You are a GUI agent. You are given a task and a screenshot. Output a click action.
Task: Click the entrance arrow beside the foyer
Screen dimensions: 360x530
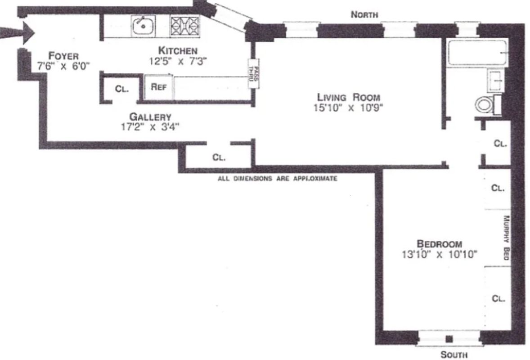[x=20, y=32]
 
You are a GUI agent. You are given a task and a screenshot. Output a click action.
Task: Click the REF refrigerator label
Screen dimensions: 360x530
[x=159, y=87]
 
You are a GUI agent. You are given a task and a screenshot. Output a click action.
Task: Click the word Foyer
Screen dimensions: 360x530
[x=63, y=56]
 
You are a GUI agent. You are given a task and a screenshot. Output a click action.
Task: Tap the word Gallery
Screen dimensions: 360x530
[x=150, y=117]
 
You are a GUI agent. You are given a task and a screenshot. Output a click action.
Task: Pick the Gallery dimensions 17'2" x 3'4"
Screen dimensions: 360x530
[x=150, y=127]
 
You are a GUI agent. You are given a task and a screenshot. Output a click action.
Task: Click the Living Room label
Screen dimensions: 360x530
[x=349, y=97]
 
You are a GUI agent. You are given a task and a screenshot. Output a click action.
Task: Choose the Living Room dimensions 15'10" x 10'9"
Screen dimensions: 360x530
[x=349, y=108]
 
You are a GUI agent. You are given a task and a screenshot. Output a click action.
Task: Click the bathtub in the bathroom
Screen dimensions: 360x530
[x=477, y=53]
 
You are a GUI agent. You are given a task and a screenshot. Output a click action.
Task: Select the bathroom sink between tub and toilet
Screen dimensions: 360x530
[x=496, y=81]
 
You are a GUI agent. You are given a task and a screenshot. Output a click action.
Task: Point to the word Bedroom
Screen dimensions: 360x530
[x=439, y=244]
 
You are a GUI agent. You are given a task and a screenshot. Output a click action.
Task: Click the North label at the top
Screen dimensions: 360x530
[x=364, y=15]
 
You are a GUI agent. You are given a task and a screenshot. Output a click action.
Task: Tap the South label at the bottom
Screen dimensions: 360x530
[x=454, y=354]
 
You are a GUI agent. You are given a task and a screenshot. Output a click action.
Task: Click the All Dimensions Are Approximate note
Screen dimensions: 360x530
[x=277, y=179]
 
